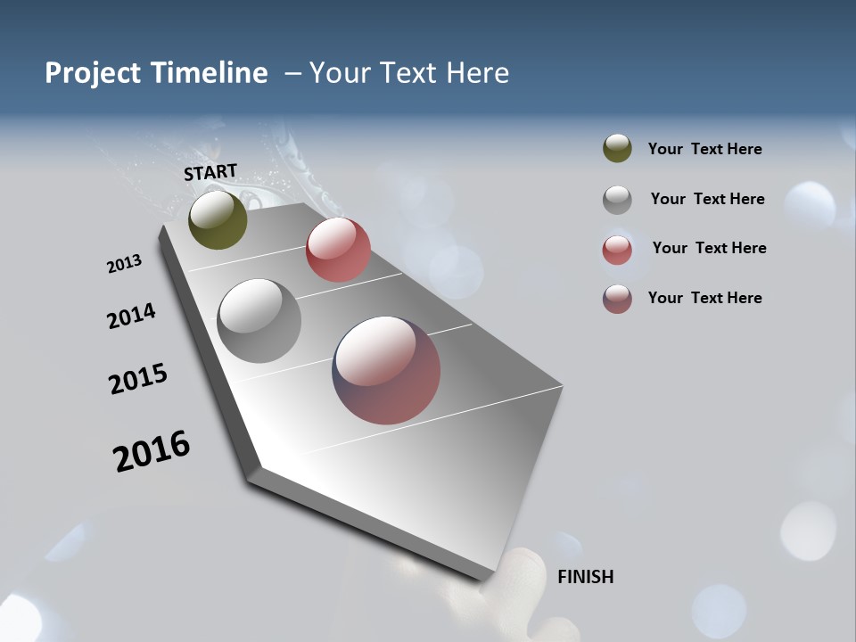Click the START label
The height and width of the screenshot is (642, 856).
(x=210, y=172)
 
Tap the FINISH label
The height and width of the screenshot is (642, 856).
(x=586, y=577)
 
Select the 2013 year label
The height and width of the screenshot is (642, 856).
(x=125, y=264)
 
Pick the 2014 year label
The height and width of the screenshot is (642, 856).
(x=132, y=317)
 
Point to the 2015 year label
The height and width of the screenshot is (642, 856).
(x=138, y=379)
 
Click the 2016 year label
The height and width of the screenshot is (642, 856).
(x=152, y=450)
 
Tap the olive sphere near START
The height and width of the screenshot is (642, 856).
(x=218, y=219)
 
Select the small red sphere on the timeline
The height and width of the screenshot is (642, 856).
(x=338, y=250)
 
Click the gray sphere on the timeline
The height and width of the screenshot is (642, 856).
(x=259, y=321)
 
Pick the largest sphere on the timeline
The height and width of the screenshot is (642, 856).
(x=386, y=370)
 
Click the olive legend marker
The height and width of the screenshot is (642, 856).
(x=617, y=149)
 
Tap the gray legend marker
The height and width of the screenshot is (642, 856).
(x=617, y=199)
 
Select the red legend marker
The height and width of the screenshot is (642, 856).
(x=617, y=249)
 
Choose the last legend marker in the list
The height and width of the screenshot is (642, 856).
(x=617, y=299)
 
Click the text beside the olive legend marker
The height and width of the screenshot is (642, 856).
(x=704, y=149)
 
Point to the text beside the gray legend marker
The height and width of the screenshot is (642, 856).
(x=707, y=199)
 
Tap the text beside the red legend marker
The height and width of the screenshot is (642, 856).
(x=709, y=248)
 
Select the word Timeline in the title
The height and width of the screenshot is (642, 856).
(x=210, y=73)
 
